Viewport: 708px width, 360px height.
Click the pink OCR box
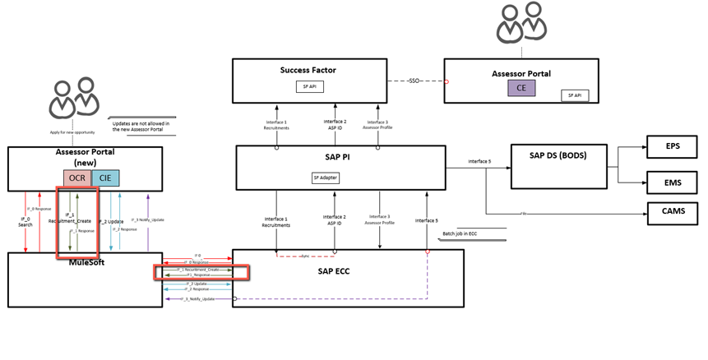pyautogui.click(x=76, y=178)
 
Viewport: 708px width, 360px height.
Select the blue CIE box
pyautogui.click(x=104, y=178)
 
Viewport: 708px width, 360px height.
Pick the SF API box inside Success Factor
pyautogui.click(x=306, y=85)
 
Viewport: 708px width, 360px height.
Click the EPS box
pyautogui.click(x=672, y=148)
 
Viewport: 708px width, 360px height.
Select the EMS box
pyautogui.click(x=672, y=182)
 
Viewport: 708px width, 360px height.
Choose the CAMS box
pyautogui.click(x=672, y=212)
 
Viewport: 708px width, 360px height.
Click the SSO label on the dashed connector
pyautogui.click(x=420, y=81)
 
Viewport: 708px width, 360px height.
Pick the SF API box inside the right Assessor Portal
pyautogui.click(x=574, y=95)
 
